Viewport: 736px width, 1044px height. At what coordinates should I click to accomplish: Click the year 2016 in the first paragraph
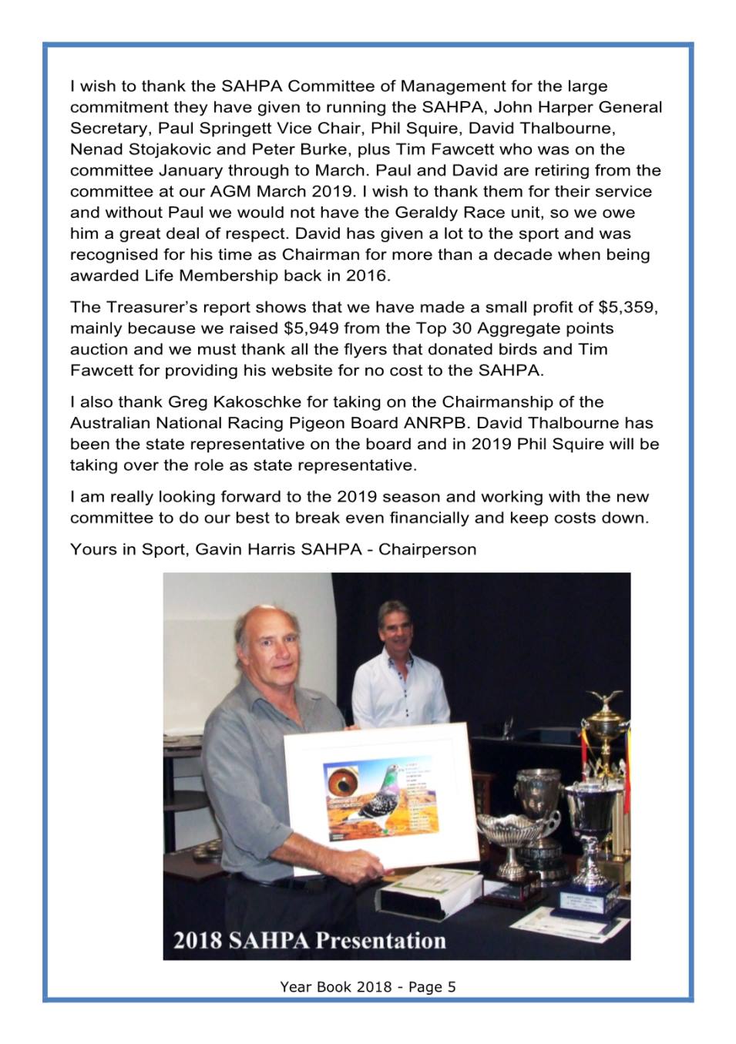[x=369, y=275]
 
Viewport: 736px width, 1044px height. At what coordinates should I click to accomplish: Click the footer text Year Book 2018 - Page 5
[x=368, y=986]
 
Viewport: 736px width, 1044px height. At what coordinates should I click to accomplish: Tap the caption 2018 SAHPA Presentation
[x=310, y=941]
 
